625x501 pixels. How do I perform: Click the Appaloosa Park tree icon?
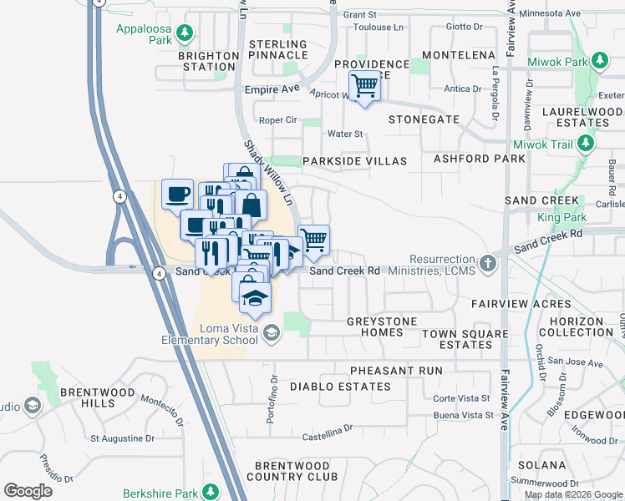click(x=185, y=34)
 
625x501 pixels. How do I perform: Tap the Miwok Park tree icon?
click(x=600, y=61)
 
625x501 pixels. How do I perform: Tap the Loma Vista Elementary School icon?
click(x=271, y=333)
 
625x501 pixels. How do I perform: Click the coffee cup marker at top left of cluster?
click(x=178, y=194)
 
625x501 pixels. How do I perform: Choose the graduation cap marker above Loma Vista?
click(x=255, y=296)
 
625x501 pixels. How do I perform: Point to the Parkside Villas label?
click(x=354, y=160)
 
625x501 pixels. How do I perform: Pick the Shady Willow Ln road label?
click(x=269, y=174)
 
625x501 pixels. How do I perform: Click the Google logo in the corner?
click(x=28, y=490)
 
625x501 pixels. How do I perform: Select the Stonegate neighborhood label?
click(x=424, y=119)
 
